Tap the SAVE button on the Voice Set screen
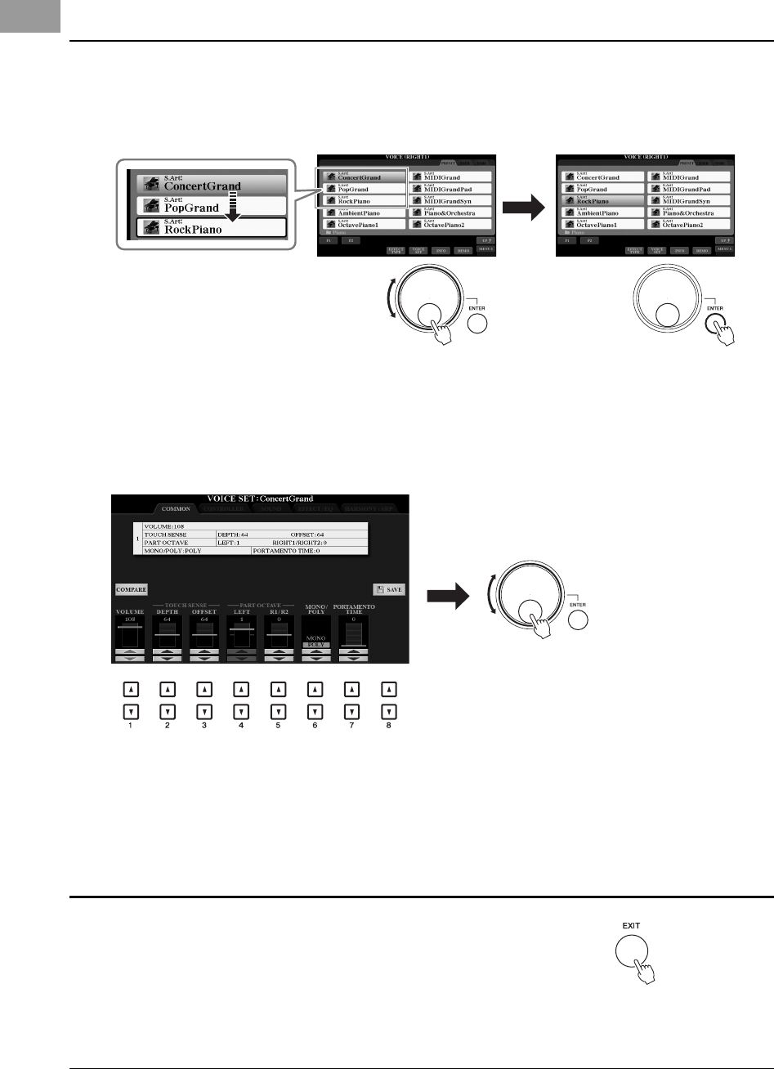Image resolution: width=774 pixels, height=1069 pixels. tap(389, 588)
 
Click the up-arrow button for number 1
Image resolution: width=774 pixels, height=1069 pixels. tap(130, 690)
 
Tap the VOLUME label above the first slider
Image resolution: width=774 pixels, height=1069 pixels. tap(130, 611)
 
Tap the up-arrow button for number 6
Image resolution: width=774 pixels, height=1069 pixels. tap(315, 690)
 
